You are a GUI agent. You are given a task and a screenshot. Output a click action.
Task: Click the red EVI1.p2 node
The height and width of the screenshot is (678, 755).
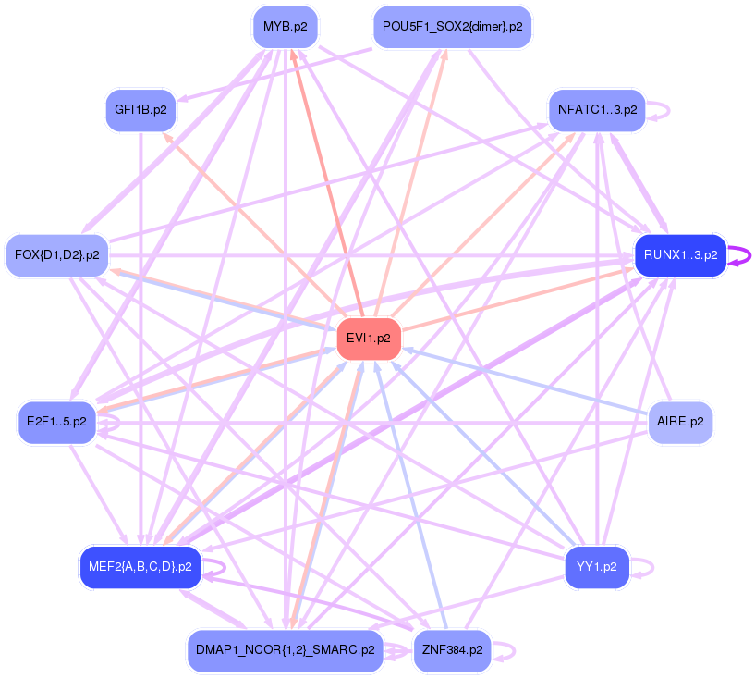coord(369,339)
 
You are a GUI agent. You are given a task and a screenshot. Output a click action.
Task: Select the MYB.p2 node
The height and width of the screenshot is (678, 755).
coord(285,27)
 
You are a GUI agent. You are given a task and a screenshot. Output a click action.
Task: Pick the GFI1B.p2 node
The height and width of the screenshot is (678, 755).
coord(140,110)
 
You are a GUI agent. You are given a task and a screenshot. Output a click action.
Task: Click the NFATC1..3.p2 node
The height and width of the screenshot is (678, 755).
coord(597,110)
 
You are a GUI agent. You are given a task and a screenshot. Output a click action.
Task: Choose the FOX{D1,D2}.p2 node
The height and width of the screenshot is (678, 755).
coord(57,254)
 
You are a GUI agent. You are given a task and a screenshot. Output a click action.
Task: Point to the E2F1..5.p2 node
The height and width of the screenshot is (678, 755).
coord(56,422)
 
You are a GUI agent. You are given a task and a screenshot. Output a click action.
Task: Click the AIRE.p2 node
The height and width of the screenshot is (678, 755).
coord(680,422)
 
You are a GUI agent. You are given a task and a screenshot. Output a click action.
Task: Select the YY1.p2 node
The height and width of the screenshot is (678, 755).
coord(597,566)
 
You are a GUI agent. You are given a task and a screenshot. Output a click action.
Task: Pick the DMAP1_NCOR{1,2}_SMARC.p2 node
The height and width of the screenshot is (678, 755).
coord(285,650)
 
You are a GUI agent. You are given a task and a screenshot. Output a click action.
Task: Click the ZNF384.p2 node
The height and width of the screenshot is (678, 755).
coord(452,650)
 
